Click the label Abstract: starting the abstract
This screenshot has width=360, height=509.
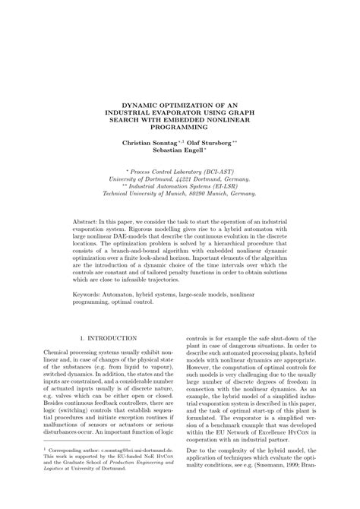tap(99, 219)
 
